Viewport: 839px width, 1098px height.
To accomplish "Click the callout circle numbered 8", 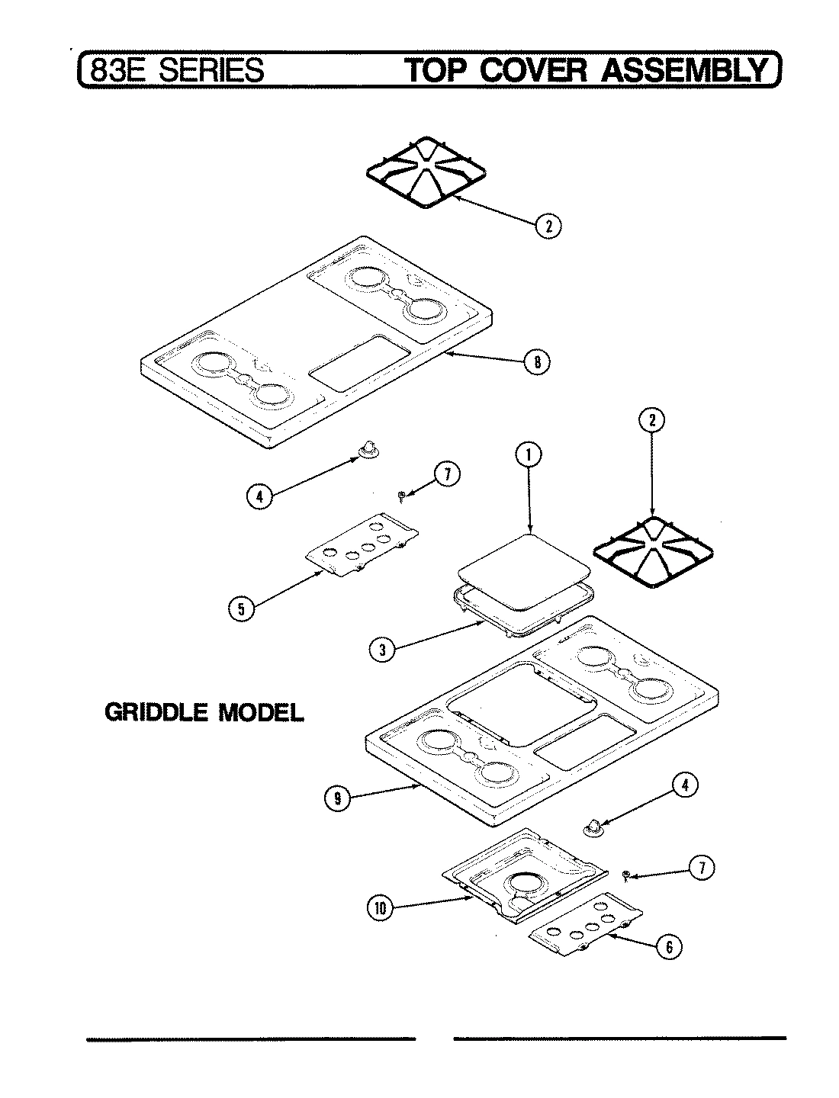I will click(x=537, y=363).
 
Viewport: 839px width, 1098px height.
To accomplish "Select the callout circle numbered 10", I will click(x=381, y=907).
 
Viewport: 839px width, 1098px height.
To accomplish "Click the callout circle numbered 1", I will click(x=527, y=455).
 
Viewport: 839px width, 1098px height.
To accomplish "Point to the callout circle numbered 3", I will click(x=381, y=650).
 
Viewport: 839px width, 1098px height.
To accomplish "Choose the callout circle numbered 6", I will click(x=668, y=946).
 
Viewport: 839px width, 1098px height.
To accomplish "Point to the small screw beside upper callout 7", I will click(x=402, y=496).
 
